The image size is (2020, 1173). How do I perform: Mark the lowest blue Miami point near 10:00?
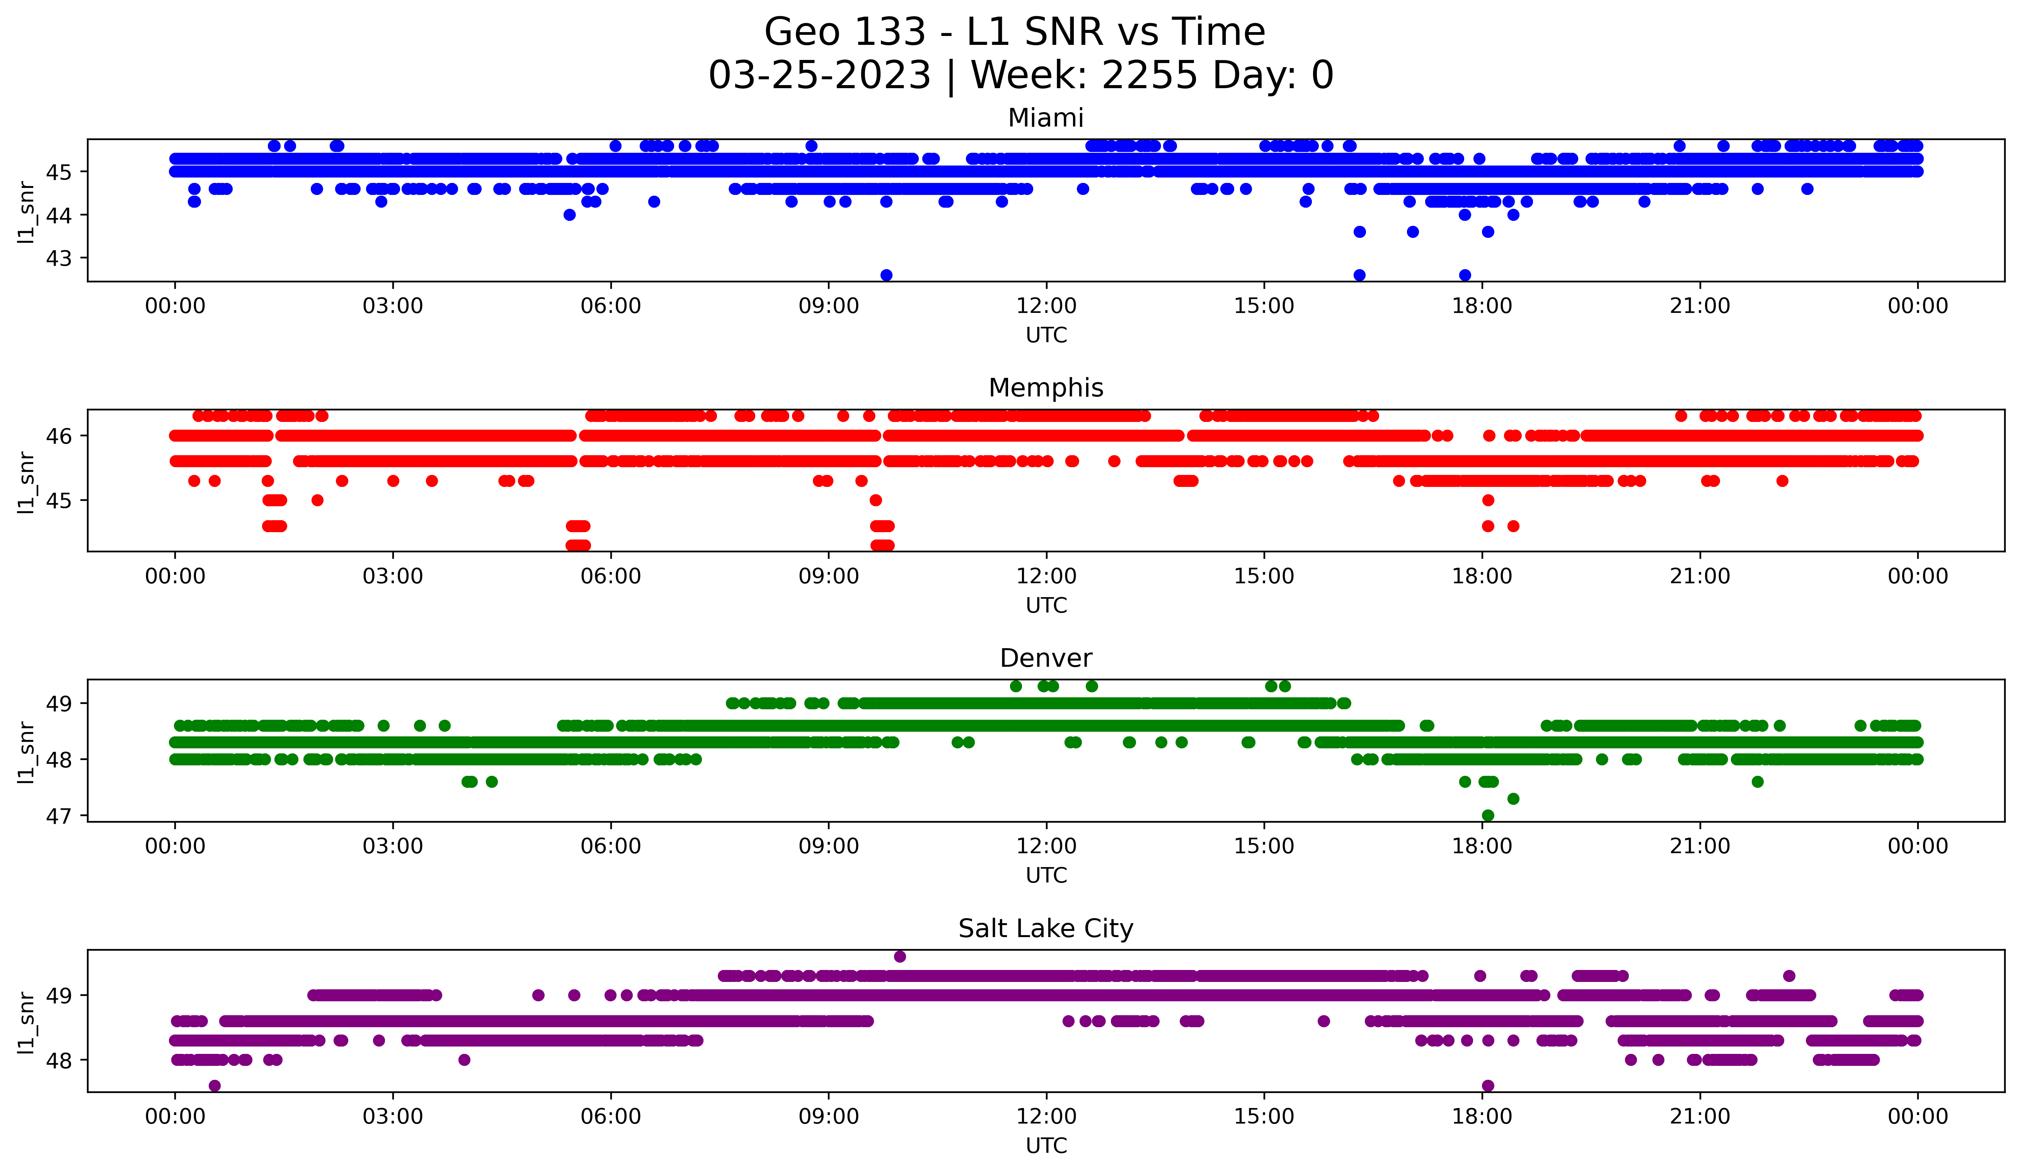[x=886, y=275]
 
